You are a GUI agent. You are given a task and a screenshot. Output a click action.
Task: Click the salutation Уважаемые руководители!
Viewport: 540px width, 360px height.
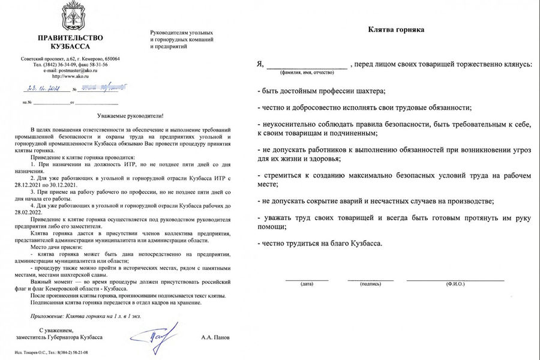pos(130,115)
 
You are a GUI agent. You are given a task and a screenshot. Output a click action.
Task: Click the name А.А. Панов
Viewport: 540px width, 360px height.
pos(217,338)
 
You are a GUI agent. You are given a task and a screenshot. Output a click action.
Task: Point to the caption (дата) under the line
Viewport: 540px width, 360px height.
pos(307,284)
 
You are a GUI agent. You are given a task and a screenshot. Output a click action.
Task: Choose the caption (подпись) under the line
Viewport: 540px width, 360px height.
pos(370,284)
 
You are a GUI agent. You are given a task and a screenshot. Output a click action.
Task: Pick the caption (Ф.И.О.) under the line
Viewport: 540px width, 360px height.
pos(455,284)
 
